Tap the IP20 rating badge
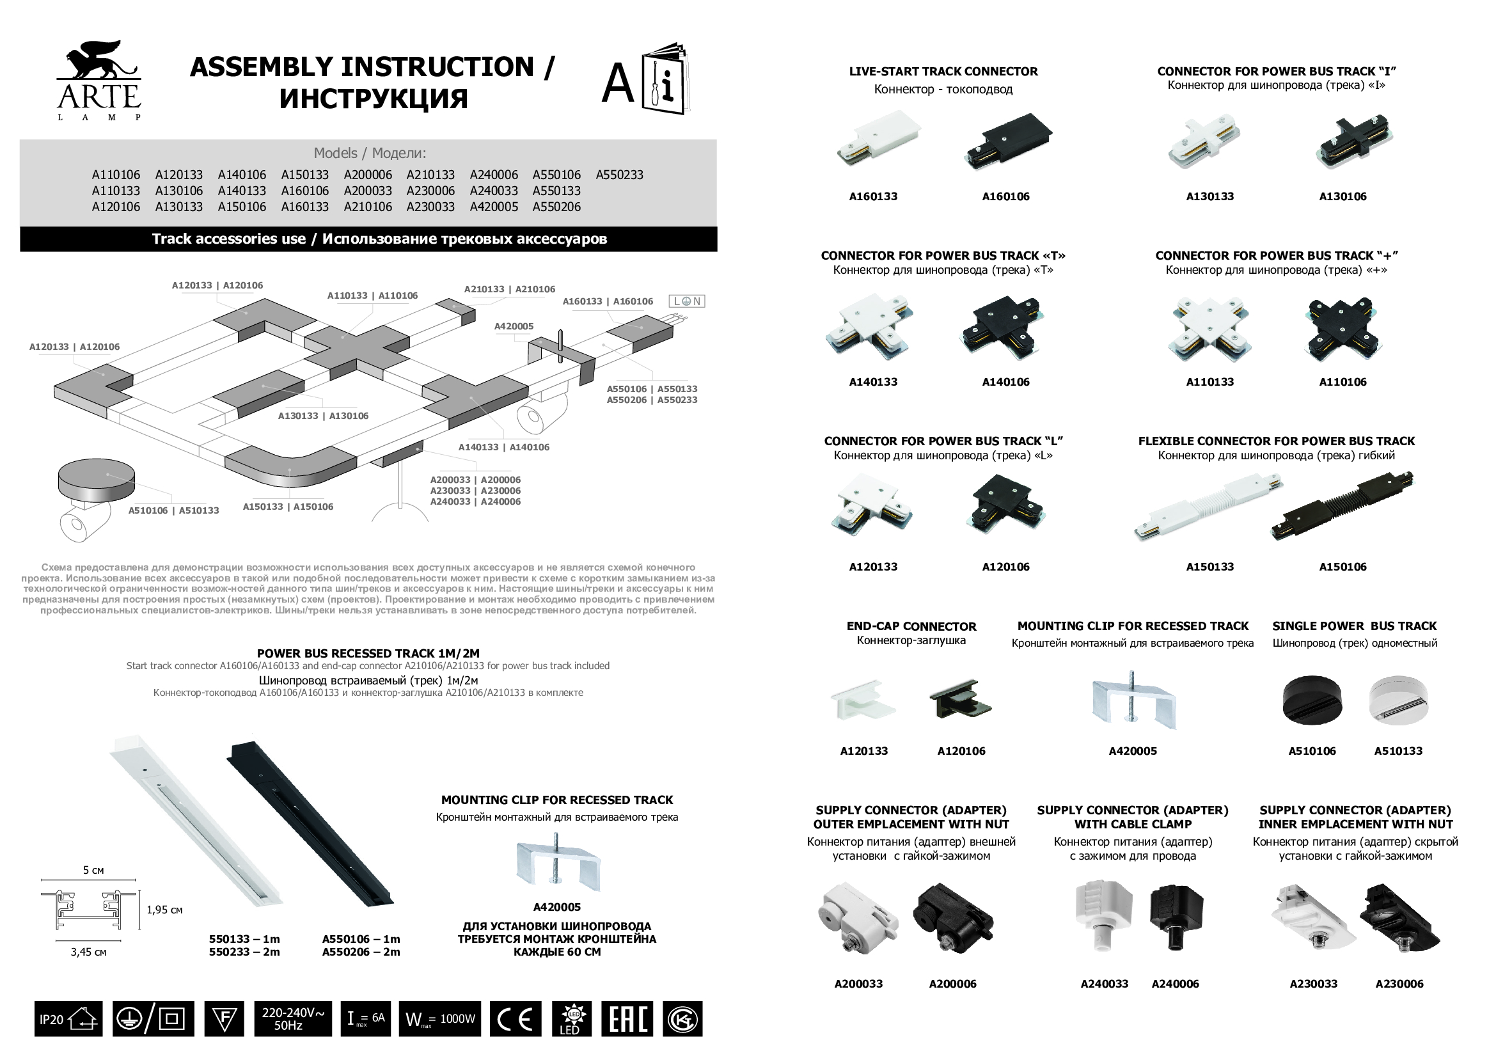tap(68, 1018)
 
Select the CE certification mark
tap(515, 1018)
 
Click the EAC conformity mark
tap(627, 1018)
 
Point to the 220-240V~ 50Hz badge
tap(292, 1018)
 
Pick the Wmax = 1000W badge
tap(440, 1018)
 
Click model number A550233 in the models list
tap(619, 175)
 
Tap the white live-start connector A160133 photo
tap(878, 139)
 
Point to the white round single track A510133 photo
tap(1398, 700)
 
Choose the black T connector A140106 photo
tap(1004, 328)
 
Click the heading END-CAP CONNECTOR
tap(911, 626)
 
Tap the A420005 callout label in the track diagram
tap(514, 326)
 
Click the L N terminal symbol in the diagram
tap(687, 301)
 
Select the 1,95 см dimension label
tap(164, 910)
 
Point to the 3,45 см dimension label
tap(89, 952)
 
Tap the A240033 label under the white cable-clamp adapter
tap(1104, 984)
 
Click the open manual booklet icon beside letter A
tap(666, 79)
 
